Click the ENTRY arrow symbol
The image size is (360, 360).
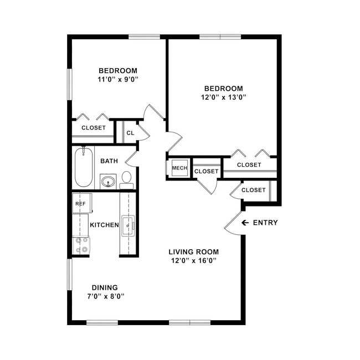pyautogui.click(x=245, y=223)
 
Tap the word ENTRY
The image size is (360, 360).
pyautogui.click(x=265, y=223)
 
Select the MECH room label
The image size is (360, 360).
pyautogui.click(x=179, y=168)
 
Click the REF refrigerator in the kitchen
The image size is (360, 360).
pyautogui.click(x=80, y=203)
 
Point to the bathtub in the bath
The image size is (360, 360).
pyautogui.click(x=84, y=167)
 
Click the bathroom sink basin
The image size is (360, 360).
pyautogui.click(x=107, y=181)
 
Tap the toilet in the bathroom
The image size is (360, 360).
pyautogui.click(x=127, y=179)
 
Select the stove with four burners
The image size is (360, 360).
pyautogui.click(x=81, y=245)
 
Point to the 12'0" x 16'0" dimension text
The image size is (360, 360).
pyautogui.click(x=194, y=260)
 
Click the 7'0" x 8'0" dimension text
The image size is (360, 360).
pyautogui.click(x=105, y=296)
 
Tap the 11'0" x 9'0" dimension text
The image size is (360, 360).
pyautogui.click(x=118, y=79)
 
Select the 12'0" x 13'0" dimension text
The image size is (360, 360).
pyautogui.click(x=224, y=97)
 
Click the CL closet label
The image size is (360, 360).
pyautogui.click(x=130, y=133)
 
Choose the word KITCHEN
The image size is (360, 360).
pyautogui.click(x=104, y=225)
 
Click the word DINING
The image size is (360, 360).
pyautogui.click(x=105, y=287)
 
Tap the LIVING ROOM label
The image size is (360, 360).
pyautogui.click(x=194, y=251)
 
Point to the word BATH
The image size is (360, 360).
pyautogui.click(x=109, y=161)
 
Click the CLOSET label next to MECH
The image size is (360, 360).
pyautogui.click(x=207, y=172)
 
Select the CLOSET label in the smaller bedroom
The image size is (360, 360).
pyautogui.click(x=94, y=128)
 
